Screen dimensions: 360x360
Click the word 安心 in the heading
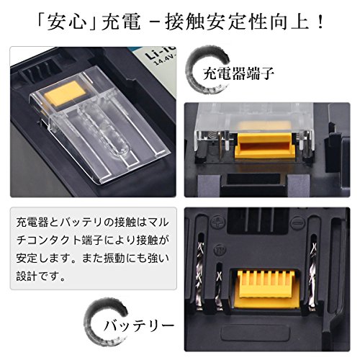67,22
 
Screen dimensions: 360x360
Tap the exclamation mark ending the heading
320,22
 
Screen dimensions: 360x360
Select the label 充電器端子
238,73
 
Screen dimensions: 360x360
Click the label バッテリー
139,325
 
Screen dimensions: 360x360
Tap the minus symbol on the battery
297,223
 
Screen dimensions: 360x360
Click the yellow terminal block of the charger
266,146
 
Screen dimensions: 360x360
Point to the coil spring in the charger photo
212,139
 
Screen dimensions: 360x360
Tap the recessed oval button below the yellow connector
256,333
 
